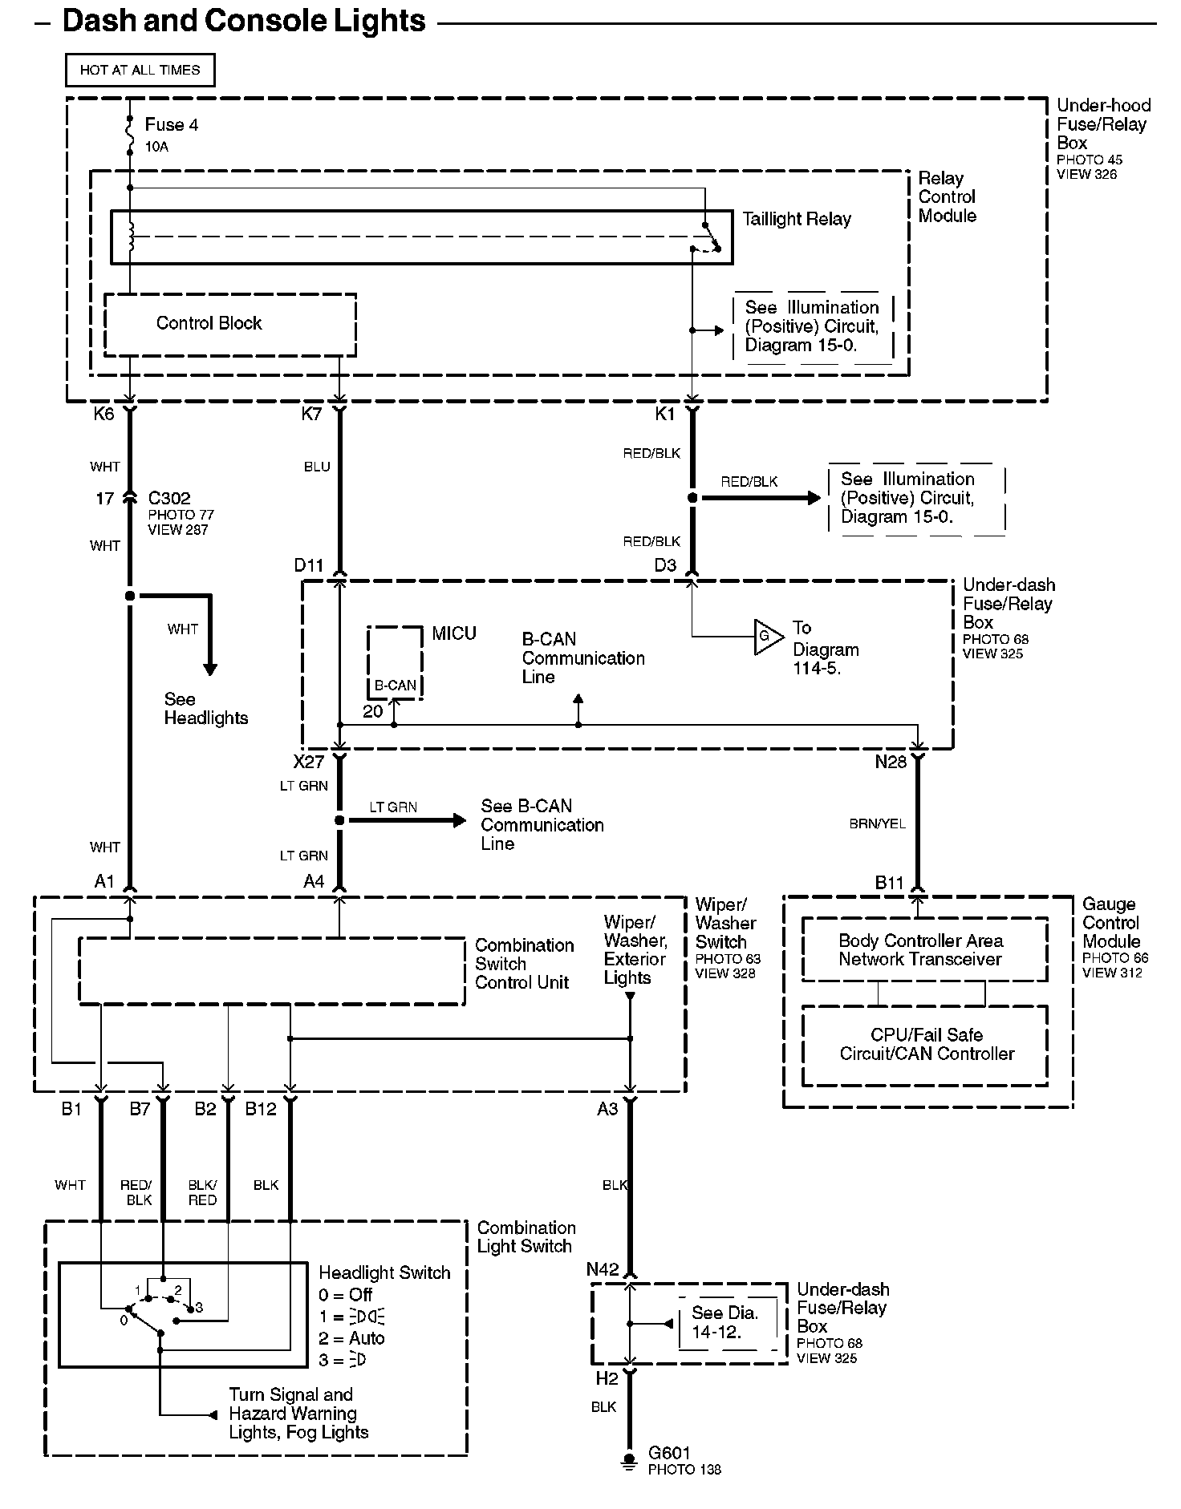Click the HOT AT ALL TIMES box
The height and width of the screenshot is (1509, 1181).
140,70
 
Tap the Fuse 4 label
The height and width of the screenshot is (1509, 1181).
171,125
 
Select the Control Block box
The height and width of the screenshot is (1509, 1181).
229,324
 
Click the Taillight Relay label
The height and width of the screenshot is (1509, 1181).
796,219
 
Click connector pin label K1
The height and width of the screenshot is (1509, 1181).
665,414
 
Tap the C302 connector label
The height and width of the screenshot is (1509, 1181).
168,499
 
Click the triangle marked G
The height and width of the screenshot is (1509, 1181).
766,637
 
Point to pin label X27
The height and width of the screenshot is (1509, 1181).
308,762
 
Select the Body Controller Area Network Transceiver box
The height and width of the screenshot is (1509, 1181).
924,951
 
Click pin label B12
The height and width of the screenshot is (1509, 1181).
261,1109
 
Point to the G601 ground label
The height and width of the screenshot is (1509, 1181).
669,1453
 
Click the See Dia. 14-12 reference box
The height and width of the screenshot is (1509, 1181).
724,1322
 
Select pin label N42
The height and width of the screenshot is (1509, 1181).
603,1269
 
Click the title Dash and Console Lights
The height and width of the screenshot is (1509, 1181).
243,21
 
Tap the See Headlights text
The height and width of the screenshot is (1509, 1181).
205,709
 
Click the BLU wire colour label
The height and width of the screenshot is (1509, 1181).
317,467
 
